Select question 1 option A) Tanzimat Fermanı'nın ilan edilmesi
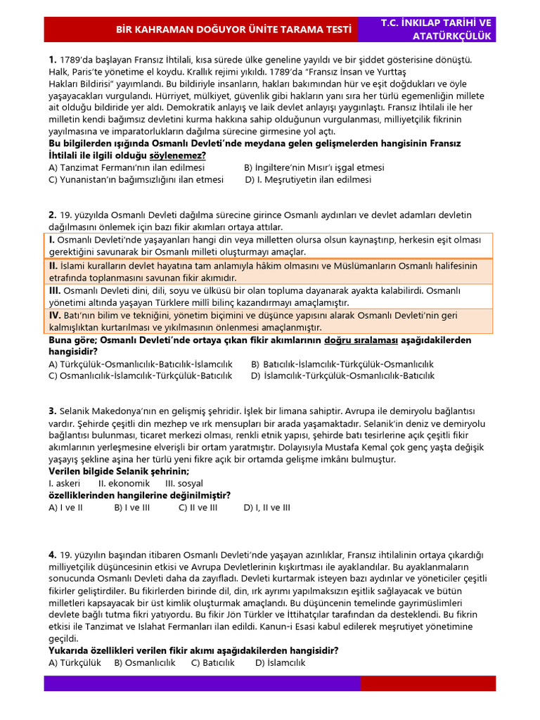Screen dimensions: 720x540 tap(127, 168)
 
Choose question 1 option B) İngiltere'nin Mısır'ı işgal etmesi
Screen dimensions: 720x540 tap(314, 168)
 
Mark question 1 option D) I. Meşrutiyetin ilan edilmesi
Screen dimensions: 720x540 tap(308, 179)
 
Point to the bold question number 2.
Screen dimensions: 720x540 tap(52, 214)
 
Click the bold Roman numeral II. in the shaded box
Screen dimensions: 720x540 tap(53, 266)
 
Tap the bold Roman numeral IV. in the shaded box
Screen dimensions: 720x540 tap(55, 316)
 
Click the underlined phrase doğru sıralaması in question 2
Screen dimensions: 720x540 tap(361, 340)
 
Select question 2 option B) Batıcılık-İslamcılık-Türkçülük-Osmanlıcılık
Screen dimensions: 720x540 tap(342, 364)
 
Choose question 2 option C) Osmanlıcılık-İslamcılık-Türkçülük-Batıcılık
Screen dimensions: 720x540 tap(140, 375)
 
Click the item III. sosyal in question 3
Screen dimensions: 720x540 tap(184, 484)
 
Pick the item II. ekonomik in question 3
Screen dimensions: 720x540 tap(124, 484)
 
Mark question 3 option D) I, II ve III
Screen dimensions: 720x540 tap(266, 507)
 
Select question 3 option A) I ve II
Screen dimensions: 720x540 tap(65, 507)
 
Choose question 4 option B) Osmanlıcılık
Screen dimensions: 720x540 tap(144, 662)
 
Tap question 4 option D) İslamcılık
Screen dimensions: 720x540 tap(280, 662)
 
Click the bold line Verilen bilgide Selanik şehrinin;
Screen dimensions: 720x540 tap(119, 471)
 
